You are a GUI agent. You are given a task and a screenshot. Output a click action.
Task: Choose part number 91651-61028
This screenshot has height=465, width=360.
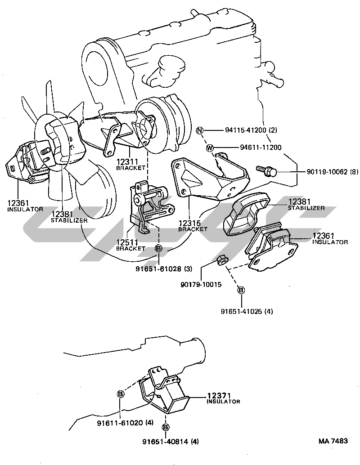click(x=157, y=269)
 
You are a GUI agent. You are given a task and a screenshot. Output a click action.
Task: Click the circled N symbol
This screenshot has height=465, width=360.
click(x=200, y=130)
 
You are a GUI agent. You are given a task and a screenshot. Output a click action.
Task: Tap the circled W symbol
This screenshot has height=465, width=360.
click(x=210, y=148)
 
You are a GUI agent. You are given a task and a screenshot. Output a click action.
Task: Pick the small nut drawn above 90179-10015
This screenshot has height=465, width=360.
click(x=221, y=260)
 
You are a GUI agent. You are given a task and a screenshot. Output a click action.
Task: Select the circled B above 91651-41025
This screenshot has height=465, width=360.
click(x=241, y=291)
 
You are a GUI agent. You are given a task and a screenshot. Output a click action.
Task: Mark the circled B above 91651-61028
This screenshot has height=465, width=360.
click(x=159, y=248)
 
